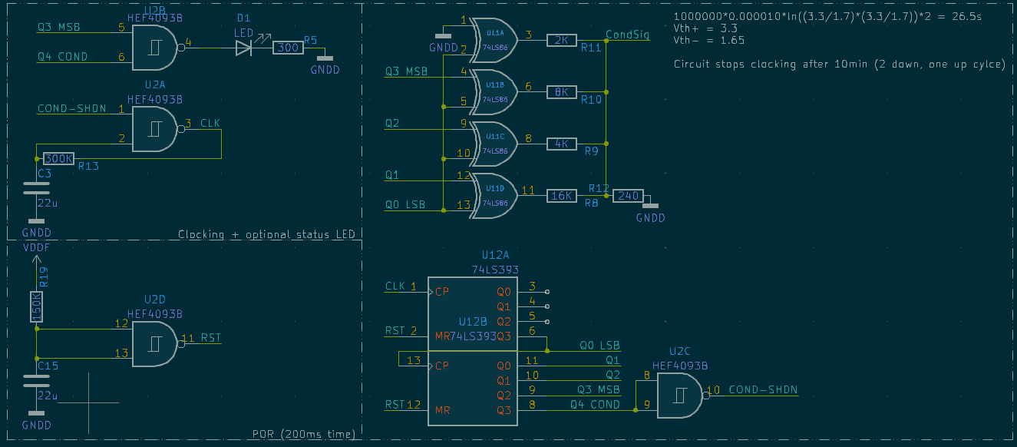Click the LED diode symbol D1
pyautogui.click(x=243, y=48)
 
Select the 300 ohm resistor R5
pyautogui.click(x=289, y=48)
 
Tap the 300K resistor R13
pyautogui.click(x=58, y=158)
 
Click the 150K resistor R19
pyautogui.click(x=36, y=306)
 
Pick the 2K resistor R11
pyautogui.click(x=561, y=40)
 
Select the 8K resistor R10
pyautogui.click(x=561, y=91)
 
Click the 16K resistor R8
pyautogui.click(x=561, y=196)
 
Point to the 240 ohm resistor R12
pyautogui.click(x=628, y=196)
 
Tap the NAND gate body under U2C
pyautogui.click(x=680, y=396)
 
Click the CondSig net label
pyautogui.click(x=627, y=35)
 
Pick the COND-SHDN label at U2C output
pyautogui.click(x=763, y=390)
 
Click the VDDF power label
pyautogui.click(x=36, y=248)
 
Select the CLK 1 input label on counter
pyautogui.click(x=400, y=286)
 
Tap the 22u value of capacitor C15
pyautogui.click(x=48, y=396)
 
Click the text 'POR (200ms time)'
pyautogui.click(x=304, y=434)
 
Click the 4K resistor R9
pyautogui.click(x=561, y=144)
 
